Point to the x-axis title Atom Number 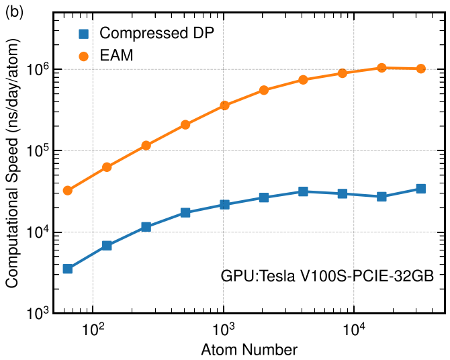[249, 349]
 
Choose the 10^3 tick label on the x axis [224, 328]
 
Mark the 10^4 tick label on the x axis [355, 328]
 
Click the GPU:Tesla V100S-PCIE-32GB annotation [328, 276]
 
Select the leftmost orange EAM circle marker [67, 191]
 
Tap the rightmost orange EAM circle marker [420, 69]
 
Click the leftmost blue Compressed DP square [67, 269]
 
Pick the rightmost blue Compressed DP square [420, 189]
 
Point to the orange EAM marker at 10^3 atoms [224, 105]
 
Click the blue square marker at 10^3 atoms [224, 204]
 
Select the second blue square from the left [107, 246]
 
